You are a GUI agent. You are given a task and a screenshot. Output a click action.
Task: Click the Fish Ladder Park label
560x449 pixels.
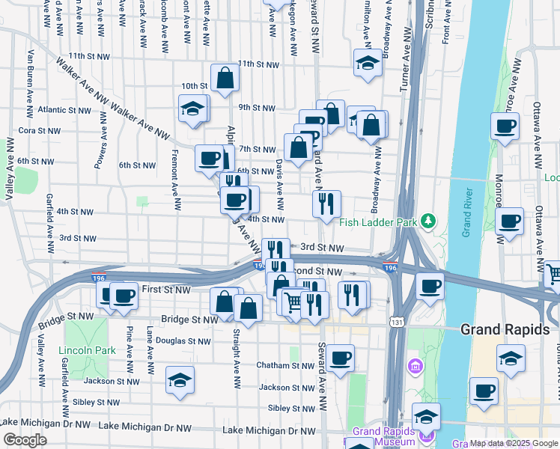pos(379,222)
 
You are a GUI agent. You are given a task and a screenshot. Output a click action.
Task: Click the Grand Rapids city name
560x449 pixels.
pos(505,329)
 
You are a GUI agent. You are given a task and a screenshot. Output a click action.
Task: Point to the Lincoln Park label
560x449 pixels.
pos(86,350)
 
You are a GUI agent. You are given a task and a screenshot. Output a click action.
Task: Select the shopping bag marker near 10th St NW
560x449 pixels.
pos(225,78)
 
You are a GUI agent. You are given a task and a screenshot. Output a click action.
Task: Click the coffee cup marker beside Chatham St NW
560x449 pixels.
pos(340,358)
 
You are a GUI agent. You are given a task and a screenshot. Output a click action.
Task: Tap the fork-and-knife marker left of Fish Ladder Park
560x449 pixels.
pos(326,204)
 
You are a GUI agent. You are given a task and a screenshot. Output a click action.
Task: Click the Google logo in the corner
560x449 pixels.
pos(24,440)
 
